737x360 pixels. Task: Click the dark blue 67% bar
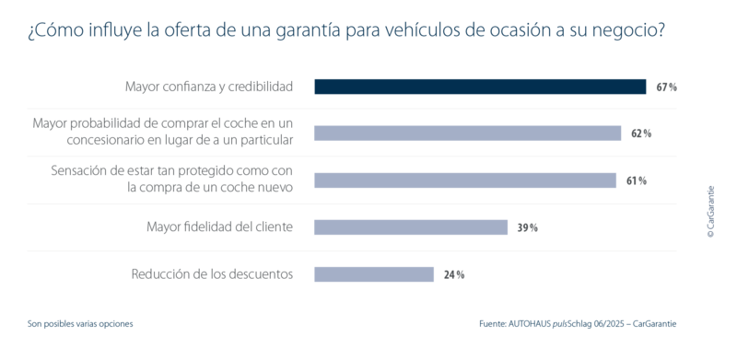[480, 87]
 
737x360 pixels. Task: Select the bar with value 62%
[468, 133]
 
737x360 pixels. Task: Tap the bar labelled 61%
[465, 180]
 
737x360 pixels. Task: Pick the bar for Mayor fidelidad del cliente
[411, 227]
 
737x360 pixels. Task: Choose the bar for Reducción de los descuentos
[374, 274]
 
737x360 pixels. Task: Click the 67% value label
[666, 87]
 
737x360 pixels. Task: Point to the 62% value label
[641, 134]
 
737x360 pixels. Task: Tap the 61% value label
[637, 181]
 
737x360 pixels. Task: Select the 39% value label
[527, 228]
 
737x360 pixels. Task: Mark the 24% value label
[454, 275]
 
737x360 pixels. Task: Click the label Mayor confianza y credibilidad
[209, 87]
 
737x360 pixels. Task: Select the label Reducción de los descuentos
[212, 274]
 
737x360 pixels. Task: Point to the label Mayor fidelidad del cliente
[220, 227]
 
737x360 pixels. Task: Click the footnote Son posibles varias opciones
[80, 324]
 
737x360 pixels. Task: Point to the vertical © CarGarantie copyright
[710, 212]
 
